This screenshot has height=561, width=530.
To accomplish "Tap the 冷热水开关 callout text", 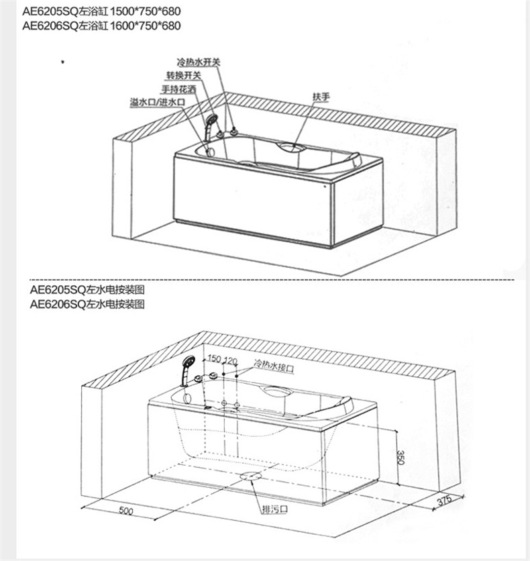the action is click(x=199, y=62).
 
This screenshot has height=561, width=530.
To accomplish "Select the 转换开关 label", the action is click(x=183, y=75).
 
